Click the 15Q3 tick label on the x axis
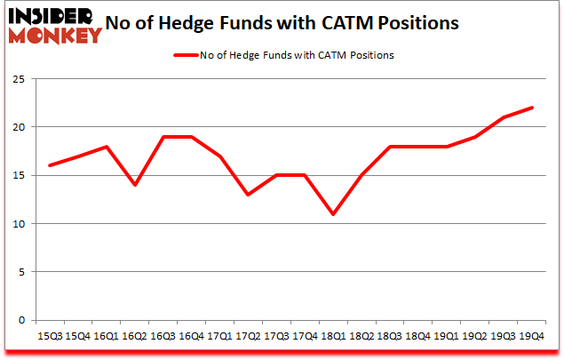[50, 336]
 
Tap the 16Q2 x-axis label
[135, 336]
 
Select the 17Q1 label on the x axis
[220, 336]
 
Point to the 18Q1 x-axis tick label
[334, 336]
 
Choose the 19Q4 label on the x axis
[532, 336]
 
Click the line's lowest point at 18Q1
[334, 214]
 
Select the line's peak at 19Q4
[532, 108]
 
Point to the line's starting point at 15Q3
[50, 165]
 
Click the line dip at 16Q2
[135, 185]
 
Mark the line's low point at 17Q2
[249, 195]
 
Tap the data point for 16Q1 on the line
[107, 147]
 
